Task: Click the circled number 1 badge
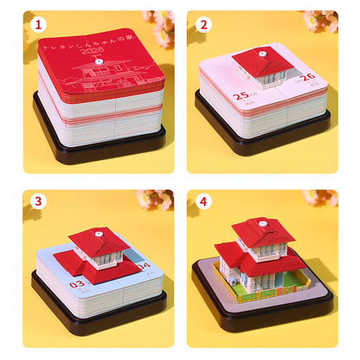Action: (37, 24)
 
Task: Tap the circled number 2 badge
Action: (204, 24)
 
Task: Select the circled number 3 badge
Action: (37, 202)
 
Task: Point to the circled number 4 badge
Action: (204, 202)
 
